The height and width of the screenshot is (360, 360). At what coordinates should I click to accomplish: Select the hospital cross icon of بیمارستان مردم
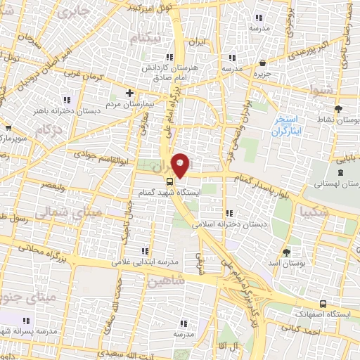click(x=129, y=93)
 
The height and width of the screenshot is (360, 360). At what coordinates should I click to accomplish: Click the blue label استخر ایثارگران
click(x=288, y=125)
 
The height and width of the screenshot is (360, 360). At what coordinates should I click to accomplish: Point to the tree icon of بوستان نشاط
click(x=339, y=108)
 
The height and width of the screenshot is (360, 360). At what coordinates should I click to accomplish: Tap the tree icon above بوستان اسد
click(x=286, y=252)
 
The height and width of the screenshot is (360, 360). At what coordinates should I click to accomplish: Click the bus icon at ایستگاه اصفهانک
click(x=322, y=304)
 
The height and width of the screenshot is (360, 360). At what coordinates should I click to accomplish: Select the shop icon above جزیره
click(x=262, y=62)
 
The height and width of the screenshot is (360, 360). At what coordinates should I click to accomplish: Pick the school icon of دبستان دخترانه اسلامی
click(x=229, y=213)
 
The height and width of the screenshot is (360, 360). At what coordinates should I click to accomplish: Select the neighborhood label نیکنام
click(x=154, y=37)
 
